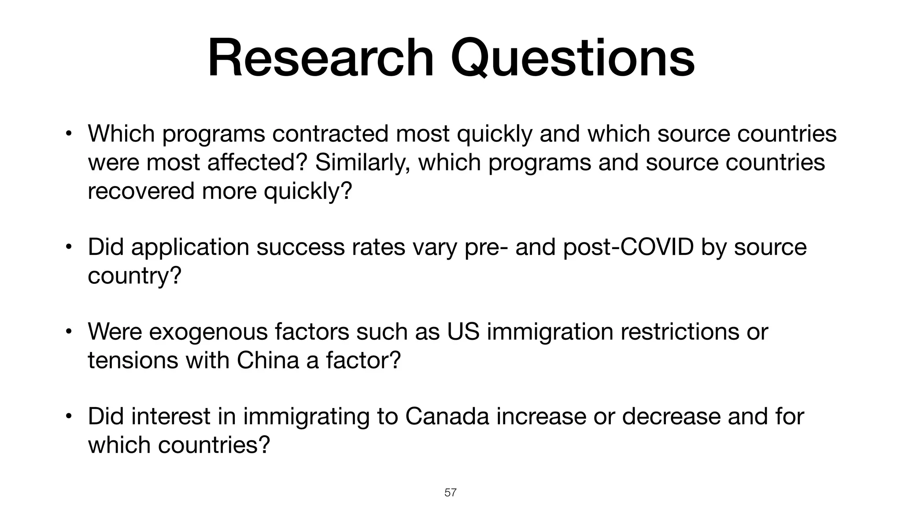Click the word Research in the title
click(321, 58)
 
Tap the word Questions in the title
click(573, 59)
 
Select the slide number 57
click(451, 492)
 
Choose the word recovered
click(141, 191)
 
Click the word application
click(190, 247)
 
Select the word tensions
click(133, 360)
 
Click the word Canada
click(447, 416)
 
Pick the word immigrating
click(306, 417)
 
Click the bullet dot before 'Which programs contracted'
click(68, 134)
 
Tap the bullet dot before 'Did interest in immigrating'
click(68, 416)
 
